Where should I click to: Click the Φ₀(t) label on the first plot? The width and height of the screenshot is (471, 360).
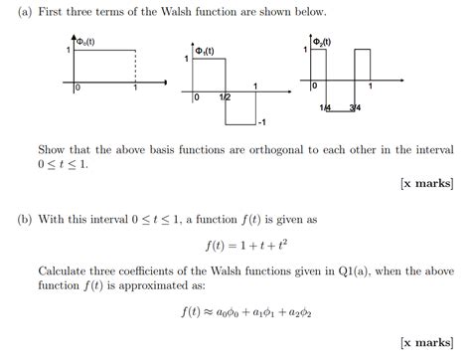[x=95, y=42]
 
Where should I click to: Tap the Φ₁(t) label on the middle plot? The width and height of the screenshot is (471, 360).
[x=206, y=51]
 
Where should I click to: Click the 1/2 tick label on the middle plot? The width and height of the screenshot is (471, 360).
[x=226, y=97]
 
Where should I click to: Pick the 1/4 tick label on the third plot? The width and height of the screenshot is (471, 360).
[x=325, y=106]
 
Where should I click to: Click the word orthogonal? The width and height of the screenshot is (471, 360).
[x=253, y=149]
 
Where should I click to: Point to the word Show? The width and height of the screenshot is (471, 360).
[x=54, y=149]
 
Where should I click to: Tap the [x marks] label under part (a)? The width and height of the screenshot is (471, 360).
[x=426, y=183]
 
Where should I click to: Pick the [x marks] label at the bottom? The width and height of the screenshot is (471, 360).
[x=426, y=343]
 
